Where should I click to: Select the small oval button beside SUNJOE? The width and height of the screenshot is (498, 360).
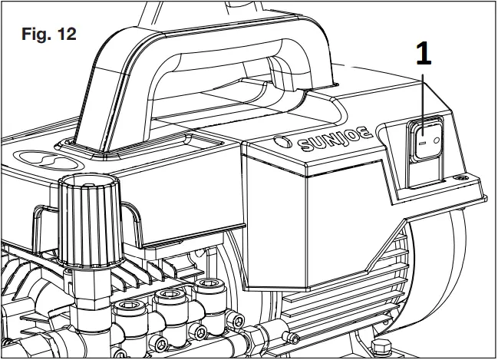coord(282,142)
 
